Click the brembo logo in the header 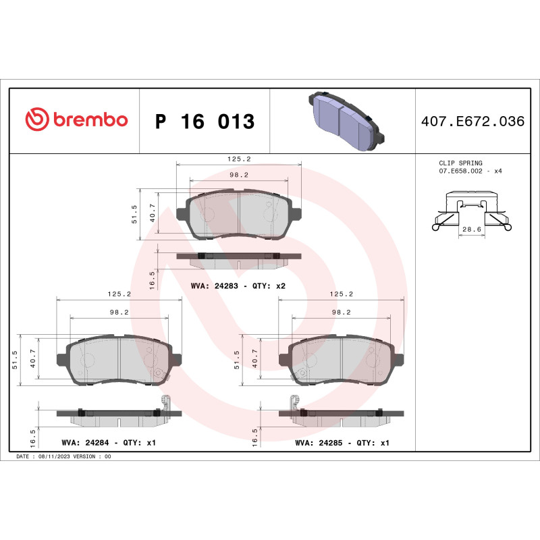tap(76, 120)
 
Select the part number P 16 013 tap(205, 122)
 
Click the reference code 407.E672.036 tap(473, 122)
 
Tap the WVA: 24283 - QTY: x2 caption tap(238, 286)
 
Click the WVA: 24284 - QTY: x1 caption tap(109, 443)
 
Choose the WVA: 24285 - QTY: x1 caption tap(342, 443)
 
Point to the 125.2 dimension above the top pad tap(238, 159)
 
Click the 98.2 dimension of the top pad tap(238, 174)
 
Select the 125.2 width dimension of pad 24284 tap(119, 294)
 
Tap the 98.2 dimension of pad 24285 tap(342, 313)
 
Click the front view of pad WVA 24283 tap(238, 215)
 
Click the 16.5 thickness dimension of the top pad tap(153, 277)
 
